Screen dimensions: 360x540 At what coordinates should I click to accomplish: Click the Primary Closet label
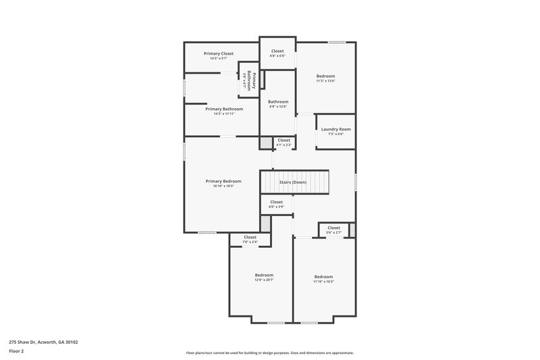coord(219,53)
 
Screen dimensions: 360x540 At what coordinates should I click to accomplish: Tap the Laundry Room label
coord(335,129)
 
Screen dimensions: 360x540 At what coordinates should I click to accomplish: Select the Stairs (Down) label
coord(293,182)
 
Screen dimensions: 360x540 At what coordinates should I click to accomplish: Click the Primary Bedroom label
coord(223,181)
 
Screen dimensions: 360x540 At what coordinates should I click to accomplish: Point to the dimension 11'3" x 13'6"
coord(325,81)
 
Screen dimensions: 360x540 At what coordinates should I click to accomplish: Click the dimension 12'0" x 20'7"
coord(264,280)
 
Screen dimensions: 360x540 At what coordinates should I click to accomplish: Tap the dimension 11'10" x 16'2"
coord(323,281)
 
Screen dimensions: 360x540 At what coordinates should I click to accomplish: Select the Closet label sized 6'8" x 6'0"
coord(277,51)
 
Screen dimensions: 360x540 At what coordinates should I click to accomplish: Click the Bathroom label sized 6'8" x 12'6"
coord(278,102)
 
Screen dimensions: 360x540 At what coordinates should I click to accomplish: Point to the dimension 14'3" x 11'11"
coord(223,113)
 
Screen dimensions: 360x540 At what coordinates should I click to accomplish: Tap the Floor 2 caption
coord(17,351)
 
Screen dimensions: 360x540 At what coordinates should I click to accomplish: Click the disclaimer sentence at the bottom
coord(269,353)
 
